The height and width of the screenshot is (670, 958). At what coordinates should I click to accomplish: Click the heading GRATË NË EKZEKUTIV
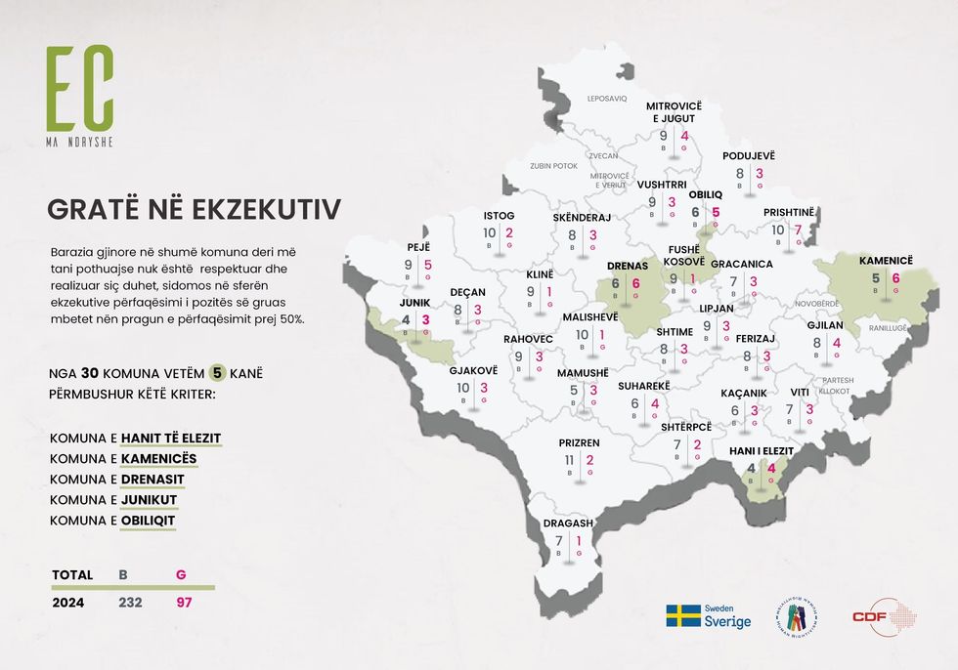[x=194, y=210]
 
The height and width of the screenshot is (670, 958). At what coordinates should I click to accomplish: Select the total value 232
[x=130, y=603]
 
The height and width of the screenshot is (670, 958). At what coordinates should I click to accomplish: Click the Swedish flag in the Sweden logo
[x=683, y=616]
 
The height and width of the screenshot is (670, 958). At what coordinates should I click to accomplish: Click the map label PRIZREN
[x=579, y=442]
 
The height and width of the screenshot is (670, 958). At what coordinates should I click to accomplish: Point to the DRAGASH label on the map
[x=569, y=523]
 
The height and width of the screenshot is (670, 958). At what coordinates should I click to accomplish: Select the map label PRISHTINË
[x=789, y=212]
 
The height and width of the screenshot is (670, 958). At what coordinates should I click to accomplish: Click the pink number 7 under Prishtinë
[x=798, y=230]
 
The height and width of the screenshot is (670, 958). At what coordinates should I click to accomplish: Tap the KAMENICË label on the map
[x=885, y=261]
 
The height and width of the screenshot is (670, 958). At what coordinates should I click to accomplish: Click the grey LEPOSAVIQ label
[x=606, y=99]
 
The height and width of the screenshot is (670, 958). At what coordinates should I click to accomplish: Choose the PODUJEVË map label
[x=749, y=155]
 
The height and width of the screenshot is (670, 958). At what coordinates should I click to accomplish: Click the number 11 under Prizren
[x=569, y=460]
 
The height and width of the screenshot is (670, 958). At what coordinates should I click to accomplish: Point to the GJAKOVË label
[x=473, y=370]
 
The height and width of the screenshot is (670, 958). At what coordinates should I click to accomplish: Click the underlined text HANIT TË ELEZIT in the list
[x=171, y=438]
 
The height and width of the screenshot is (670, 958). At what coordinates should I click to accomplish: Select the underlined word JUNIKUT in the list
[x=150, y=499]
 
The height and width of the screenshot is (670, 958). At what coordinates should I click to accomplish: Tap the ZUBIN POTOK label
[x=554, y=166]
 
